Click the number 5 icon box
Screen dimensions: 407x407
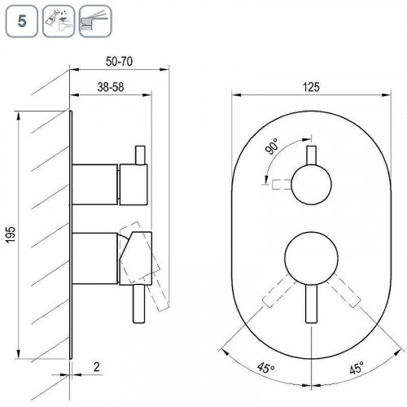tap(22, 21)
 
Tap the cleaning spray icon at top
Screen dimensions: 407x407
tap(59, 21)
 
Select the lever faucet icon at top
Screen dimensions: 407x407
tap(95, 21)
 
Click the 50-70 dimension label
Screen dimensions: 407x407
tap(119, 62)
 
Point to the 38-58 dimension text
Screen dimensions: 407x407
tap(111, 87)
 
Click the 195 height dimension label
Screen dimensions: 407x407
tap(11, 234)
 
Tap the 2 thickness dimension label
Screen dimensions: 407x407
tap(97, 367)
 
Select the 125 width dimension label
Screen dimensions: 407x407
tap(311, 87)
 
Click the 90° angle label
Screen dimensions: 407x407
tap(272, 146)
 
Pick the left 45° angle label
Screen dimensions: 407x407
tap(266, 368)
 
